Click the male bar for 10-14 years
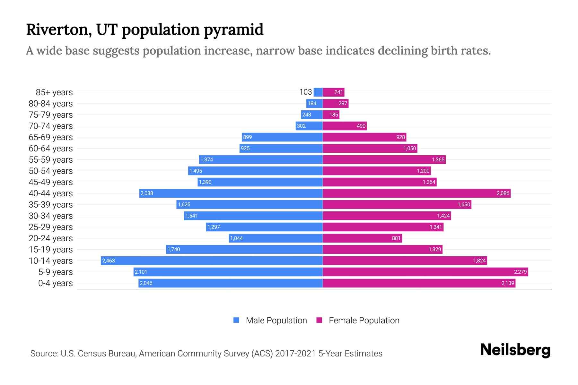(x=212, y=261)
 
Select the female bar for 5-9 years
(x=425, y=272)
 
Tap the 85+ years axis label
(x=54, y=92)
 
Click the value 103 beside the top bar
(x=305, y=92)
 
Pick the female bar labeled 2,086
(x=416, y=193)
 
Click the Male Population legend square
(x=236, y=320)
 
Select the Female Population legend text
(x=364, y=320)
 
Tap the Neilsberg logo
(x=515, y=350)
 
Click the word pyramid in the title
(x=234, y=30)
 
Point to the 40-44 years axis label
(x=51, y=193)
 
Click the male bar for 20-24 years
(x=276, y=238)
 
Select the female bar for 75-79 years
(x=331, y=115)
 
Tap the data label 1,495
(x=196, y=171)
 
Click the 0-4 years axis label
(x=56, y=283)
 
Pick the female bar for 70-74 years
(x=345, y=126)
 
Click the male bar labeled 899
(x=282, y=137)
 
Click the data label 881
(x=396, y=238)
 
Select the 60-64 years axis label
(x=51, y=149)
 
